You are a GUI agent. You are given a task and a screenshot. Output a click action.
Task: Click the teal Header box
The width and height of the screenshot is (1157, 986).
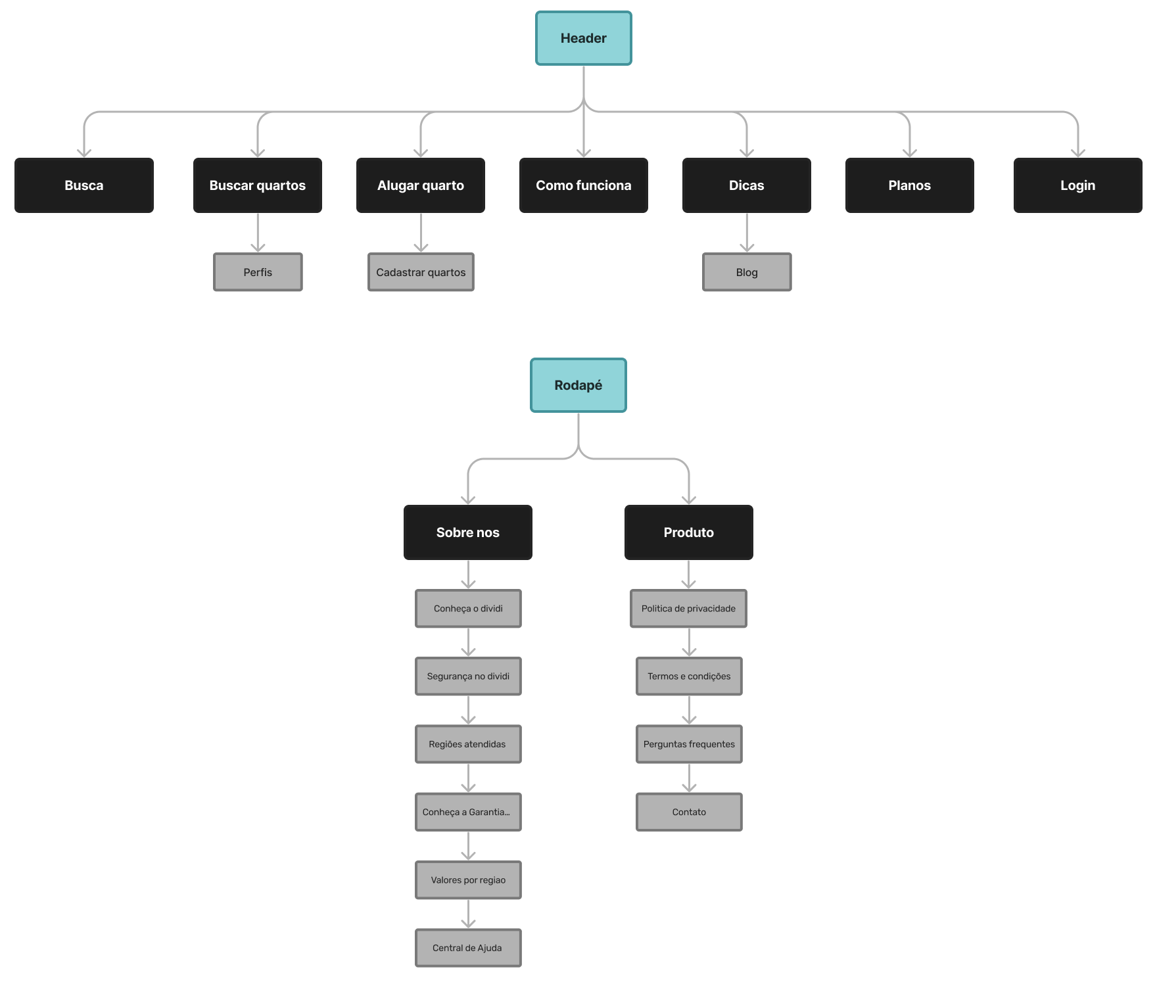583,38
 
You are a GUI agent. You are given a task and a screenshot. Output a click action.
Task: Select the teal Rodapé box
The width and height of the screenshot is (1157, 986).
578,385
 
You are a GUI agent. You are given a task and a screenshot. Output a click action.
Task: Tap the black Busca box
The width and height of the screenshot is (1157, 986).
84,185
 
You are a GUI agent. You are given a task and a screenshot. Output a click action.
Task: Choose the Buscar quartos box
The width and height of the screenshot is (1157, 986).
258,185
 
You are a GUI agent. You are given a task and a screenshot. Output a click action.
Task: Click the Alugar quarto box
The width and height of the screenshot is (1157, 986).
421,185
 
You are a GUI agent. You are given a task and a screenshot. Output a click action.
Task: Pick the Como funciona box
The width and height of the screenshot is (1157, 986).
584,185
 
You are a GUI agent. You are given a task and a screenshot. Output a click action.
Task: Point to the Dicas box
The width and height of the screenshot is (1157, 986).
747,185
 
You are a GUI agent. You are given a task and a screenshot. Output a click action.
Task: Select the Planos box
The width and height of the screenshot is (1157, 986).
910,185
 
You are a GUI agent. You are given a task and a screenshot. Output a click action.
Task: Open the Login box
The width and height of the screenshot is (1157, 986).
1078,185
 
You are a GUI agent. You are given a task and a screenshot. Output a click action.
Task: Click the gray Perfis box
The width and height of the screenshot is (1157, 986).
258,272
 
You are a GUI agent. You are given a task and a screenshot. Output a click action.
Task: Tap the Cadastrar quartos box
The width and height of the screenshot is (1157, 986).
421,272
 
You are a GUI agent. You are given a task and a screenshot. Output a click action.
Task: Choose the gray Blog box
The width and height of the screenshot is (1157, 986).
747,272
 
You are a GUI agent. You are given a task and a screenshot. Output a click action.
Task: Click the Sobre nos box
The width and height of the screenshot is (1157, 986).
468,532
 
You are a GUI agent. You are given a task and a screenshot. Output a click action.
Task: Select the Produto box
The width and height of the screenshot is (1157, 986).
689,532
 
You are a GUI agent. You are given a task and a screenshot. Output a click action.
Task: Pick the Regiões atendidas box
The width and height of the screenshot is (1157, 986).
468,744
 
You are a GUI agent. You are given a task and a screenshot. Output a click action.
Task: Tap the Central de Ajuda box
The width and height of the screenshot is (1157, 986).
468,948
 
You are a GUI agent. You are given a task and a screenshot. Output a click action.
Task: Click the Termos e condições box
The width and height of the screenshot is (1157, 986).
689,676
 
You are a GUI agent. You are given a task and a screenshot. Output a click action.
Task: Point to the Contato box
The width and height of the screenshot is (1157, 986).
689,812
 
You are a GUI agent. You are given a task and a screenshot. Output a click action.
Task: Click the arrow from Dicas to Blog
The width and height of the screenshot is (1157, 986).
747,233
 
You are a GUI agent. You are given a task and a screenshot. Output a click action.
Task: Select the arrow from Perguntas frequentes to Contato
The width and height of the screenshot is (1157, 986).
689,778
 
